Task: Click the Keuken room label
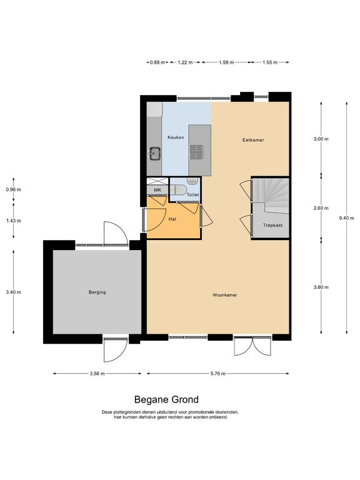176,137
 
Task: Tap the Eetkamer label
253,140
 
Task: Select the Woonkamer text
225,295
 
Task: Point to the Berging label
97,292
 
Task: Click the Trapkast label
272,225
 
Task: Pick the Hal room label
172,219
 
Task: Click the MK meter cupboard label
157,190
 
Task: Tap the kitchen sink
155,153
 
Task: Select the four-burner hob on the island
196,152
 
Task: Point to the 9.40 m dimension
346,218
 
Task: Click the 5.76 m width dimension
218,374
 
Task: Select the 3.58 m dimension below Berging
97,374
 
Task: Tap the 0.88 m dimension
157,62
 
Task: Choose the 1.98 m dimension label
226,62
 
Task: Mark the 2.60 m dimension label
321,208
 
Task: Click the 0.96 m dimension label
14,189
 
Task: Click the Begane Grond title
166,399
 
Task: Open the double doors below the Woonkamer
252,346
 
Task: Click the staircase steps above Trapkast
271,195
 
